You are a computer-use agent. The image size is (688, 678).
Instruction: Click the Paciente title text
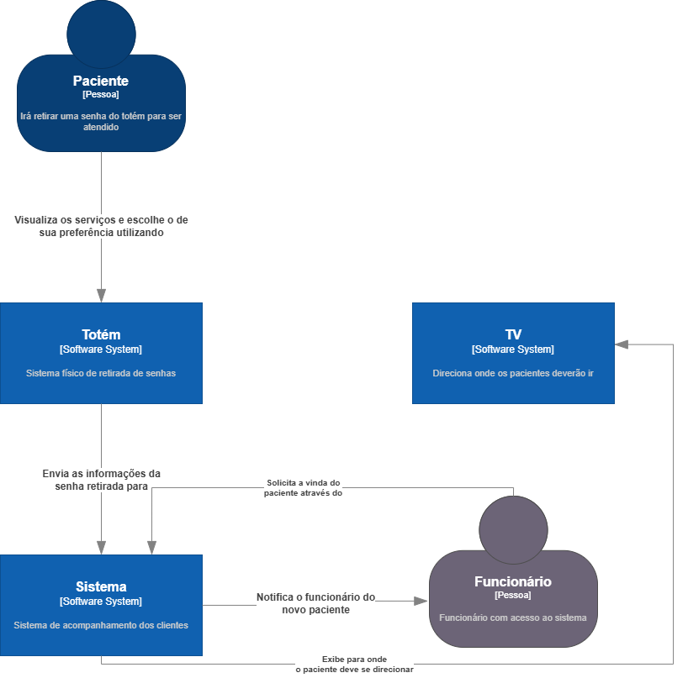click(100, 81)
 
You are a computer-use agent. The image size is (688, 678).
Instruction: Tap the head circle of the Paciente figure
click(102, 34)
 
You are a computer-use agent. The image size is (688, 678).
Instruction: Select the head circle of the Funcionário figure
click(513, 530)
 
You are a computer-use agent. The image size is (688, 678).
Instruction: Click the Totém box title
click(101, 334)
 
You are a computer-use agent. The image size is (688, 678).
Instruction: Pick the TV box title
click(513, 334)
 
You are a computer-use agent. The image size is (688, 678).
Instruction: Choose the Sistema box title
click(101, 586)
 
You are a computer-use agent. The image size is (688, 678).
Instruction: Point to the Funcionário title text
click(513, 581)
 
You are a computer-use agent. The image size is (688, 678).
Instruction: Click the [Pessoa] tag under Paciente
click(100, 94)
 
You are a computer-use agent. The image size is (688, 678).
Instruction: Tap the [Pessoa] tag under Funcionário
click(513, 595)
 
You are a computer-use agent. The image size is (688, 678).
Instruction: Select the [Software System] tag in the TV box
click(513, 350)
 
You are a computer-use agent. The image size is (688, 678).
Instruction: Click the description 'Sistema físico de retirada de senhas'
click(101, 373)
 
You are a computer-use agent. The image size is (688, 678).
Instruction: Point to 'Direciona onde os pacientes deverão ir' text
click(513, 373)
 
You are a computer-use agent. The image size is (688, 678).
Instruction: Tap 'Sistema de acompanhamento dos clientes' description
click(101, 625)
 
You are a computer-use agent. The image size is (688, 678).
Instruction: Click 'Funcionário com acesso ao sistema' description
click(513, 618)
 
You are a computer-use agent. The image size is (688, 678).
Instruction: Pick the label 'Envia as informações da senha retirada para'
click(102, 480)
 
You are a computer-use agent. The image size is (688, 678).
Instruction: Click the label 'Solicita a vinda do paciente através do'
click(303, 488)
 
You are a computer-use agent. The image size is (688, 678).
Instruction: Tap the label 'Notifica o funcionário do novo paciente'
click(316, 603)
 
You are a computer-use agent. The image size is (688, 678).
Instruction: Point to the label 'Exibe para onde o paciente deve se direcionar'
click(355, 664)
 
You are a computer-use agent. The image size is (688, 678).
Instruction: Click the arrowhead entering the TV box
click(622, 344)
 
